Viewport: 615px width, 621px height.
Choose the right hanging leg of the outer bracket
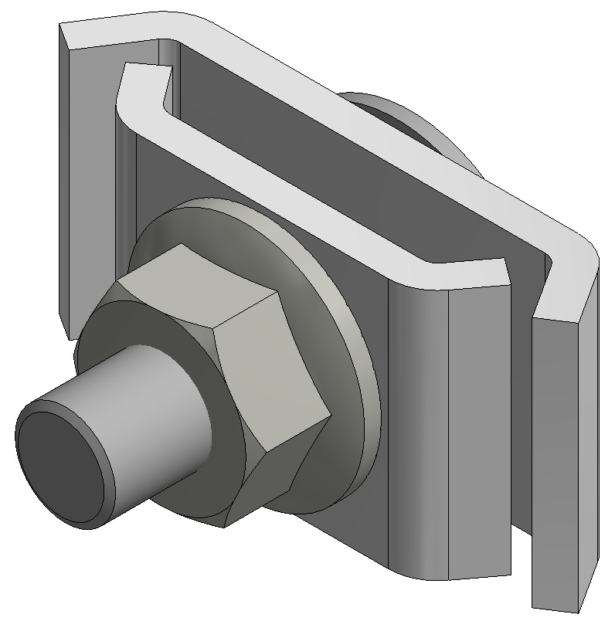564,463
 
